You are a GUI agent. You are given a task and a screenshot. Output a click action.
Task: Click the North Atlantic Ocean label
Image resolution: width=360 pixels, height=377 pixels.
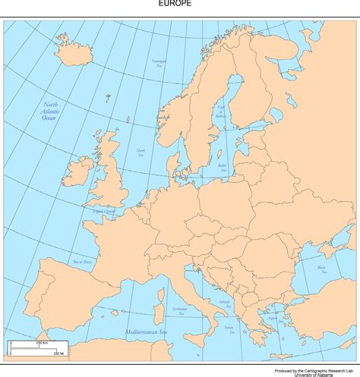point(50,112)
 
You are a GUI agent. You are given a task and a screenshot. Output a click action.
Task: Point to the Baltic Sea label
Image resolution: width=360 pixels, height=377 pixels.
point(222,166)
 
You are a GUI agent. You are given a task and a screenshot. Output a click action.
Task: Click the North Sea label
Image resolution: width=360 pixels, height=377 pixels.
point(141,152)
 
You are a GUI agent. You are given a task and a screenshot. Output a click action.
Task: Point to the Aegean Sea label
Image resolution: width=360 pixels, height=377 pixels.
point(271,319)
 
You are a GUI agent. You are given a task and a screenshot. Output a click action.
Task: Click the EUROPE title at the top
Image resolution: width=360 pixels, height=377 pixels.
point(175,4)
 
